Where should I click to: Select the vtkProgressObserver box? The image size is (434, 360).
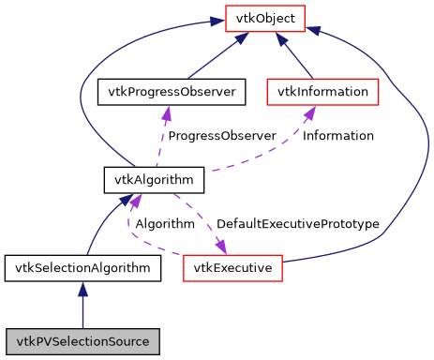[172, 92]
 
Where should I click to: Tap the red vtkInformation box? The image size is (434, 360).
[322, 92]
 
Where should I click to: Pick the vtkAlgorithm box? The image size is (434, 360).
[141, 179]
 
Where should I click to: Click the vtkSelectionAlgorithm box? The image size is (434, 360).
[82, 268]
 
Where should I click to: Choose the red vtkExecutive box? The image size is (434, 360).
[232, 268]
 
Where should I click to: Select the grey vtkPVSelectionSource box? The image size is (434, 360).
[82, 339]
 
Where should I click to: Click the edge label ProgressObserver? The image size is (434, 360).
[221, 136]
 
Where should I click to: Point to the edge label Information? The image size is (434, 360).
[338, 136]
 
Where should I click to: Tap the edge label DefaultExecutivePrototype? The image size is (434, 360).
[297, 225]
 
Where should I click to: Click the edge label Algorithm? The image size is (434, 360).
[164, 225]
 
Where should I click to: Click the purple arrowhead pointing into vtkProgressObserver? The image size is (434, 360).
[167, 112]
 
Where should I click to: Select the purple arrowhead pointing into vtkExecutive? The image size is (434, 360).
[221, 247]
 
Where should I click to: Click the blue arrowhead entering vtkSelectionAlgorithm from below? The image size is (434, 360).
[82, 289]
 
